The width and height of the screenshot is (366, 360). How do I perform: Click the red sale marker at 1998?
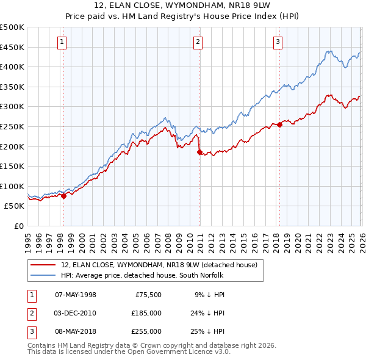[63, 196]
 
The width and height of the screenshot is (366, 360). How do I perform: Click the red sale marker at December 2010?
[199, 153]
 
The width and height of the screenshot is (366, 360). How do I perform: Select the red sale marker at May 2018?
[279, 125]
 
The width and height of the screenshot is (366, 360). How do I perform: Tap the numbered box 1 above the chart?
[62, 42]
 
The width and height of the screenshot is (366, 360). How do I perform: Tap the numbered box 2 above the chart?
[198, 42]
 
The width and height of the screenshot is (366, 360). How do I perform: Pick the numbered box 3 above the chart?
[278, 42]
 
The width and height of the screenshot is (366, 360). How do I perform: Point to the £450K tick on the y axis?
[12, 47]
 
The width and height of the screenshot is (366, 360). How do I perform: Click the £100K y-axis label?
[12, 186]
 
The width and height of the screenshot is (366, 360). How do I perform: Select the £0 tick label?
[18, 226]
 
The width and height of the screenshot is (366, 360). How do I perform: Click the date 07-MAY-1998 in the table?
[76, 295]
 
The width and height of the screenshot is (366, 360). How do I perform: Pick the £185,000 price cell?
[146, 313]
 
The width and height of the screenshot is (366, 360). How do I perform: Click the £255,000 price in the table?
[146, 331]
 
